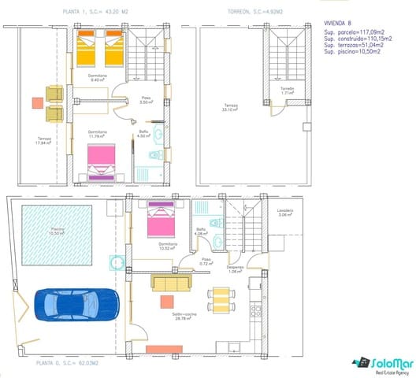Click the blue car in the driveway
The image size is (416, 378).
point(76,304)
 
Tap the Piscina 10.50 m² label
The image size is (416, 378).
point(58,232)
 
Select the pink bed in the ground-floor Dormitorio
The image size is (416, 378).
point(162,220)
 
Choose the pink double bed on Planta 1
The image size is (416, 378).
point(102,157)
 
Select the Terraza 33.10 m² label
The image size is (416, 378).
point(230,107)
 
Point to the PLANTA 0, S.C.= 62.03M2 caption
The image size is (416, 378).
point(67,363)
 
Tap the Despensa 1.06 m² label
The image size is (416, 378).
point(235,269)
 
